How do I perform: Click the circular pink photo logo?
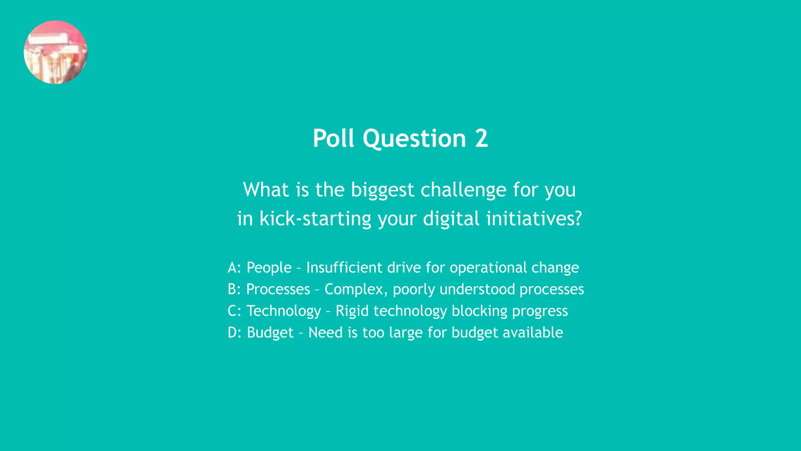[56, 52]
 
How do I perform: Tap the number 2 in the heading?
[481, 139]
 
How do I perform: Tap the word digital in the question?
[451, 219]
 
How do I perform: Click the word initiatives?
[534, 219]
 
